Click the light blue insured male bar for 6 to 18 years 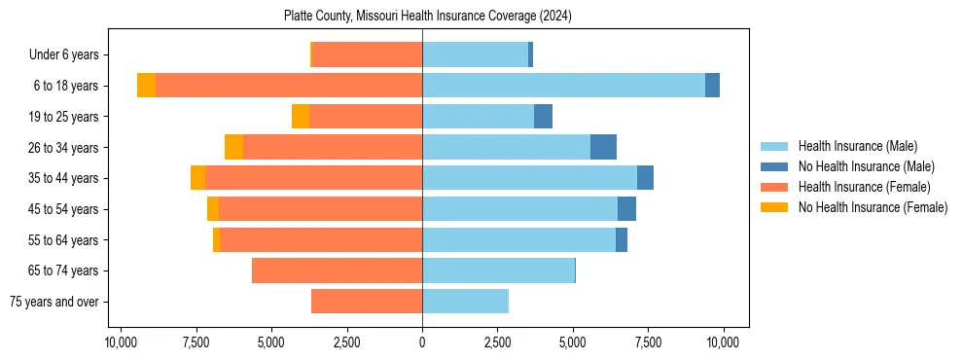[x=563, y=86]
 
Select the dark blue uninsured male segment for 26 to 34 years [x=603, y=147]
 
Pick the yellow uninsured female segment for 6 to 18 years [x=146, y=86]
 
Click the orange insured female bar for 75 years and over [x=367, y=302]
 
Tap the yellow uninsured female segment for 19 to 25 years [x=301, y=117]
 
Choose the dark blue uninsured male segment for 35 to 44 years [x=645, y=178]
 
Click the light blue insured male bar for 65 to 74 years [x=498, y=270]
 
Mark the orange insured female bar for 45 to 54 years [x=320, y=209]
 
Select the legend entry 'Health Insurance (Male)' [x=857, y=146]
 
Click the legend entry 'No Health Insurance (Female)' [x=873, y=207]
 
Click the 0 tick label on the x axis [x=422, y=342]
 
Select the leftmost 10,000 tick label [x=120, y=342]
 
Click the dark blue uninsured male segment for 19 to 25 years [x=543, y=117]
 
